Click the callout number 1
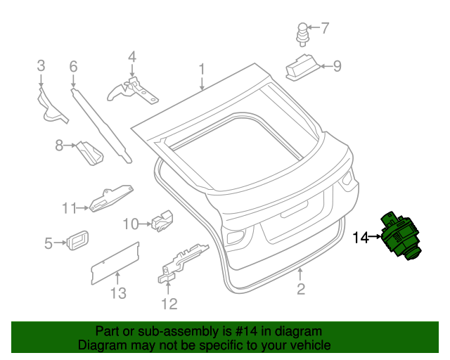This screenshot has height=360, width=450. pos(202,69)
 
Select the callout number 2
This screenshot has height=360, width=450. pos(300,289)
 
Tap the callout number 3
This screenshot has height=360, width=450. pos(41,66)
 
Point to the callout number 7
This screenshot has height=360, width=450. pos(324,29)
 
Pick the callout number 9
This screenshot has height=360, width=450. pos(337,67)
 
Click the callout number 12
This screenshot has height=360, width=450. pos(169,304)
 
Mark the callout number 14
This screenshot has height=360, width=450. pos(360,238)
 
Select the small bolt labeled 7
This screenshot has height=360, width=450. pos(303,33)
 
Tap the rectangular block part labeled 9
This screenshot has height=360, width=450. pos(301,66)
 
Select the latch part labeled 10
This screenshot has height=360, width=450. pos(162,220)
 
